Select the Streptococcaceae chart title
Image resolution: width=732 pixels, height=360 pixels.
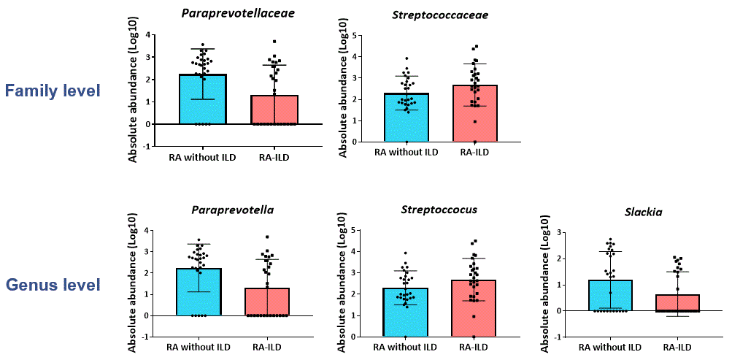pyautogui.click(x=440, y=15)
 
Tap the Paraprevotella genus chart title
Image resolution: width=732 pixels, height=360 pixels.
pyautogui.click(x=233, y=210)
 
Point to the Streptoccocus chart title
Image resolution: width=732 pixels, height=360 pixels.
pyautogui.click(x=439, y=210)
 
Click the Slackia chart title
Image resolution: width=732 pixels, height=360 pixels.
pyautogui.click(x=643, y=212)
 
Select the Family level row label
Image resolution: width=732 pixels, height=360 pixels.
pyautogui.click(x=53, y=91)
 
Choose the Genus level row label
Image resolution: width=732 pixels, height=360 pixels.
pyautogui.click(x=53, y=285)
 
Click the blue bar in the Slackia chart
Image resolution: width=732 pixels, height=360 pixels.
pyautogui.click(x=610, y=295)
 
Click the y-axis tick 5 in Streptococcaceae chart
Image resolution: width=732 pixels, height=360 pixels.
pyautogui.click(x=353, y=35)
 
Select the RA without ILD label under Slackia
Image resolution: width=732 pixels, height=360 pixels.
pyautogui.click(x=610, y=347)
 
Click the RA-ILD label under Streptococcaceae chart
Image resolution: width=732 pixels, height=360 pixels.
pyautogui.click(x=474, y=153)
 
